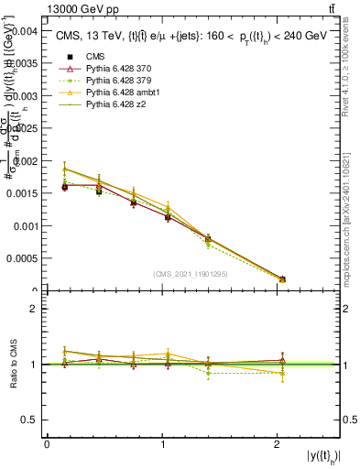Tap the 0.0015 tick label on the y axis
pyautogui.click(x=19, y=193)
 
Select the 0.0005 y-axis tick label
pyautogui.click(x=19, y=258)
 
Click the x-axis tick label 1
pyautogui.click(x=162, y=443)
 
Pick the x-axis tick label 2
pyautogui.click(x=278, y=443)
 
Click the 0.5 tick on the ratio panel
pyautogui.click(x=31, y=420)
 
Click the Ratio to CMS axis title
pyautogui.click(x=12, y=364)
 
